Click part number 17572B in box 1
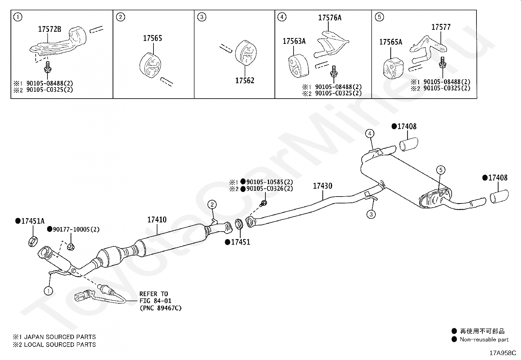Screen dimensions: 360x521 click(49, 29)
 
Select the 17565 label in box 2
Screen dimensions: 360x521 click(152, 38)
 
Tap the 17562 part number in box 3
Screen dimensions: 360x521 click(244, 80)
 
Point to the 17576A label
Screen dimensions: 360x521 click(330, 18)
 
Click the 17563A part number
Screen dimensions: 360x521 click(294, 41)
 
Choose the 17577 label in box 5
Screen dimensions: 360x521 click(440, 27)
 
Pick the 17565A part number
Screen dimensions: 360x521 click(391, 42)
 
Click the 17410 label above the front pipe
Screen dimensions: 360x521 click(157, 220)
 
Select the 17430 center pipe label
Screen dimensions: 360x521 click(322, 186)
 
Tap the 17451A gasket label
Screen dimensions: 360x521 click(32, 221)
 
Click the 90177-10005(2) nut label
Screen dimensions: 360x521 click(76, 229)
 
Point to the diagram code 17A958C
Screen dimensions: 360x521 click(502, 353)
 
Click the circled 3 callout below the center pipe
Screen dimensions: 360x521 click(371, 215)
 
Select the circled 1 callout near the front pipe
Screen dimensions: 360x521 click(48, 291)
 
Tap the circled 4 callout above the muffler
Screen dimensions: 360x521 click(369, 133)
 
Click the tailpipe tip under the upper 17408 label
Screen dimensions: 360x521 click(408, 144)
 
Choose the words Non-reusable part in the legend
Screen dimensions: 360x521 click(484, 340)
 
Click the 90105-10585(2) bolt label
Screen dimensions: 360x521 click(269, 182)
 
